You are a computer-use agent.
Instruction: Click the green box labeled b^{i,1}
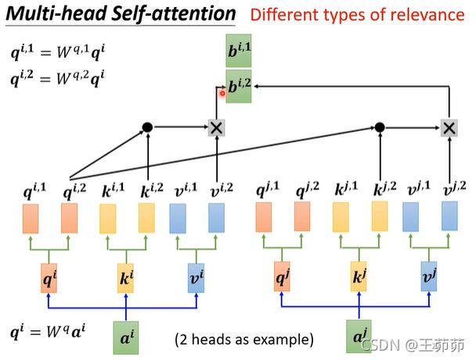click(x=238, y=51)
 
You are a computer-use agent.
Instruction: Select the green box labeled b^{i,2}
click(x=239, y=87)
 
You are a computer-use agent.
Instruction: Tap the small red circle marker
click(x=222, y=93)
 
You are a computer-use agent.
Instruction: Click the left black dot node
click(x=147, y=128)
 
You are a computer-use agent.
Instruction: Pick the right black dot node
click(x=380, y=128)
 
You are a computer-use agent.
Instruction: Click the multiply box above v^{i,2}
click(x=216, y=128)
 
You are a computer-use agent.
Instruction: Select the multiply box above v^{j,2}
click(x=449, y=128)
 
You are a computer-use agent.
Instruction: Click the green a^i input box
click(x=126, y=338)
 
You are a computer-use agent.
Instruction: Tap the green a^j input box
click(x=359, y=337)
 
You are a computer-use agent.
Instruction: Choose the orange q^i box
click(x=49, y=278)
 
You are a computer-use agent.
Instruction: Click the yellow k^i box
click(x=126, y=278)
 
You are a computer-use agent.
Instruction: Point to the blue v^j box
click(x=429, y=276)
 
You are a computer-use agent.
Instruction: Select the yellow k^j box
click(x=359, y=276)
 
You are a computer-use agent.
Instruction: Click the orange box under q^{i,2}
click(x=69, y=218)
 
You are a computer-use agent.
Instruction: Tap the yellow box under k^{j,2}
click(x=380, y=217)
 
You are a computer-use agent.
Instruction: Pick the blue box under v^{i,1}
click(x=178, y=218)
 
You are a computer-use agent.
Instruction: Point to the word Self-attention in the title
click(x=173, y=14)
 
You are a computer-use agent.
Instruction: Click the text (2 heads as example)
click(x=244, y=340)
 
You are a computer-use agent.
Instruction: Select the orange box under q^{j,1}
click(x=264, y=218)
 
